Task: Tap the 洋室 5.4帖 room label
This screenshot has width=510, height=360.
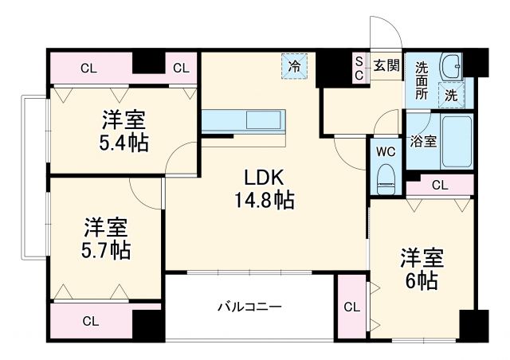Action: [x=122, y=132]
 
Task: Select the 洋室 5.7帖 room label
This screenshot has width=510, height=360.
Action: [x=107, y=238]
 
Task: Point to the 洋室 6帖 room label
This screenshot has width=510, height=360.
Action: [x=421, y=269]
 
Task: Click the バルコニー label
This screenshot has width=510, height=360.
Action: [x=250, y=307]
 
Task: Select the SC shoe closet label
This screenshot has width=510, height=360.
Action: [x=359, y=68]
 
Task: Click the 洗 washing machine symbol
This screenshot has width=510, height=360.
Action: [x=451, y=94]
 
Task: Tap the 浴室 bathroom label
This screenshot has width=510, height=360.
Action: [x=422, y=142]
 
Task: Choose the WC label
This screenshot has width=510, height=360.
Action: [x=385, y=151]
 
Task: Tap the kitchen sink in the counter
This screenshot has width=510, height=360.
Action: [x=263, y=122]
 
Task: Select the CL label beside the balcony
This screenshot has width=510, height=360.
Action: [x=351, y=306]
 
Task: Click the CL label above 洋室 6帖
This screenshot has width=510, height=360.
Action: [x=439, y=186]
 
